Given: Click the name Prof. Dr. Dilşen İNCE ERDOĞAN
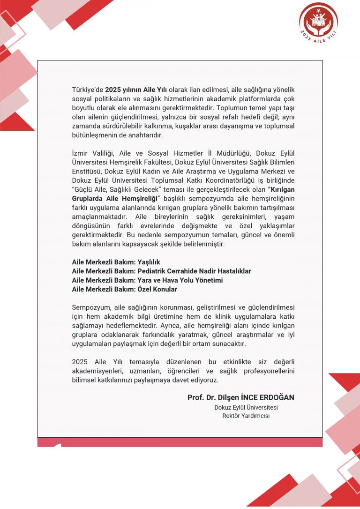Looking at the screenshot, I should tap(240, 397).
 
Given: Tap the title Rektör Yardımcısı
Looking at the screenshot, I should tap(246, 416).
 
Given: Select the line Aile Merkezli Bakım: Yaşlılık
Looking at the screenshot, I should tap(116, 262).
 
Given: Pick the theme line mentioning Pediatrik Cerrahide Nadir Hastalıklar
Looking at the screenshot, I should tap(161, 271).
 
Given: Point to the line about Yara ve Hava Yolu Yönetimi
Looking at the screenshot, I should tap(147, 280).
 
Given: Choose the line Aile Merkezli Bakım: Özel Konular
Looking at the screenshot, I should tap(124, 289).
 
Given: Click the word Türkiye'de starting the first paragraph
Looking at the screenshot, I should tap(87, 89).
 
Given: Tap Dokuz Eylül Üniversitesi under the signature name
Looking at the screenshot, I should tap(246, 407).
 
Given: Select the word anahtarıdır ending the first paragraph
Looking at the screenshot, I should tap(147, 135).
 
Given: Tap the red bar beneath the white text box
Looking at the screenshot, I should tap(180, 442).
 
